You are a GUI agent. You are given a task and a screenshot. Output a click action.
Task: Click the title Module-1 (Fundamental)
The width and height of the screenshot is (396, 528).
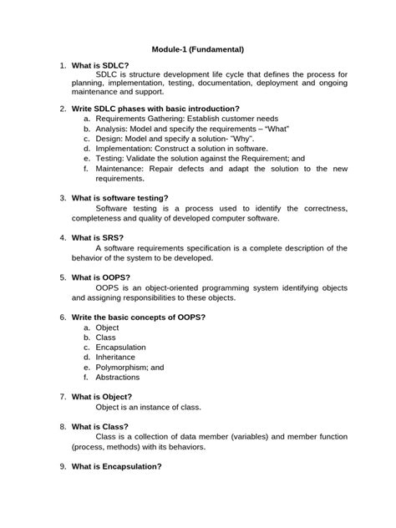[x=197, y=50]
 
